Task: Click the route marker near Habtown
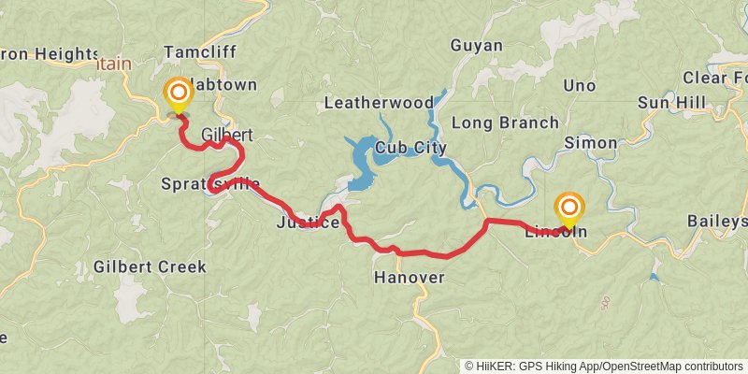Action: click(177, 93)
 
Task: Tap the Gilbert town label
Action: click(227, 135)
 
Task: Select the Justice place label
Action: click(308, 223)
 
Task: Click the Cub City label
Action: click(410, 148)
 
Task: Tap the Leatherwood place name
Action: click(378, 102)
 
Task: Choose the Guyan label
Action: click(476, 46)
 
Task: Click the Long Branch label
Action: click(505, 122)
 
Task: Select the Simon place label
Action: click(590, 143)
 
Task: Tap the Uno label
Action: click(579, 86)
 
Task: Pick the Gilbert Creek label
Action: click(150, 266)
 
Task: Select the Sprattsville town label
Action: click(210, 183)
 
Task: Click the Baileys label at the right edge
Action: click(717, 222)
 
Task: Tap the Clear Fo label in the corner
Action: click(714, 77)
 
